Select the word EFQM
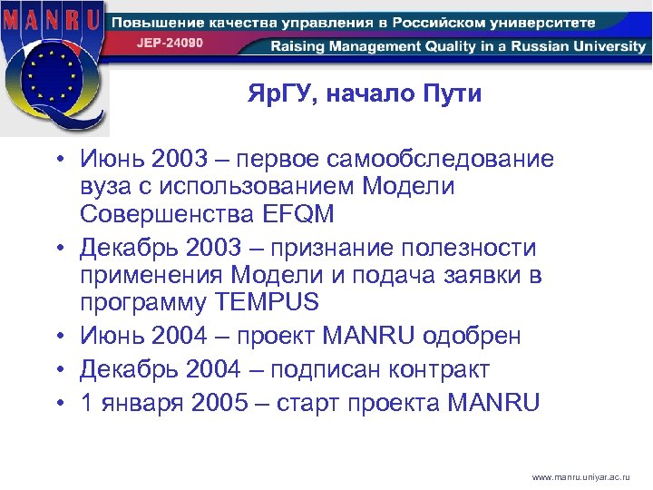(x=302, y=214)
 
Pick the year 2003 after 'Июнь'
(x=180, y=160)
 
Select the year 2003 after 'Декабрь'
(x=211, y=248)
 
